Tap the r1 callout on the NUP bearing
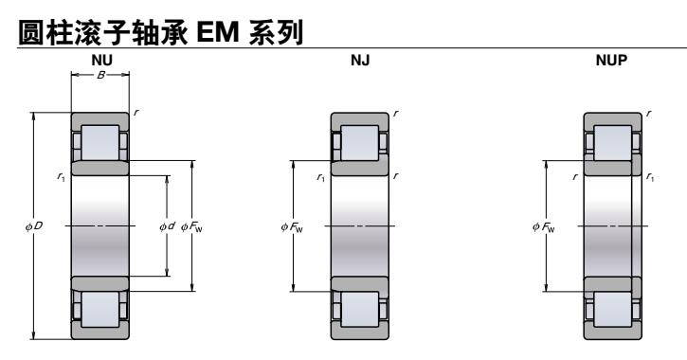tap(650, 176)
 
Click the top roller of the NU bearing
tap(99, 142)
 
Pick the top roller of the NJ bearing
tap(358, 142)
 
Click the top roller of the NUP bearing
tap(611, 142)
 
